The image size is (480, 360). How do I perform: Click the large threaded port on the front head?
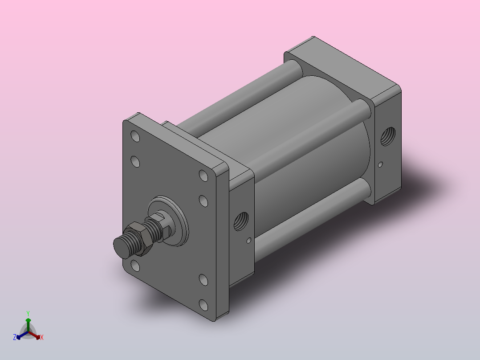coord(241,221)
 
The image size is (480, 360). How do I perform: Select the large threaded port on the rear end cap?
coord(388,136)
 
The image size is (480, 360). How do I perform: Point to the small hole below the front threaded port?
coord(249,241)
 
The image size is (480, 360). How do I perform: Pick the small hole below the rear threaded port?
coord(381,165)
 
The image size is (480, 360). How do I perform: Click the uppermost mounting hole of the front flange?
coord(135,136)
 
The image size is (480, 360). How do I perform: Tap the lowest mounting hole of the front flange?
coord(203,305)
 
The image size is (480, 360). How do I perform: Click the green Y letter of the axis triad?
coord(28,314)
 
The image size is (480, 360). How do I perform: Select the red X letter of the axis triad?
coord(42,337)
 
